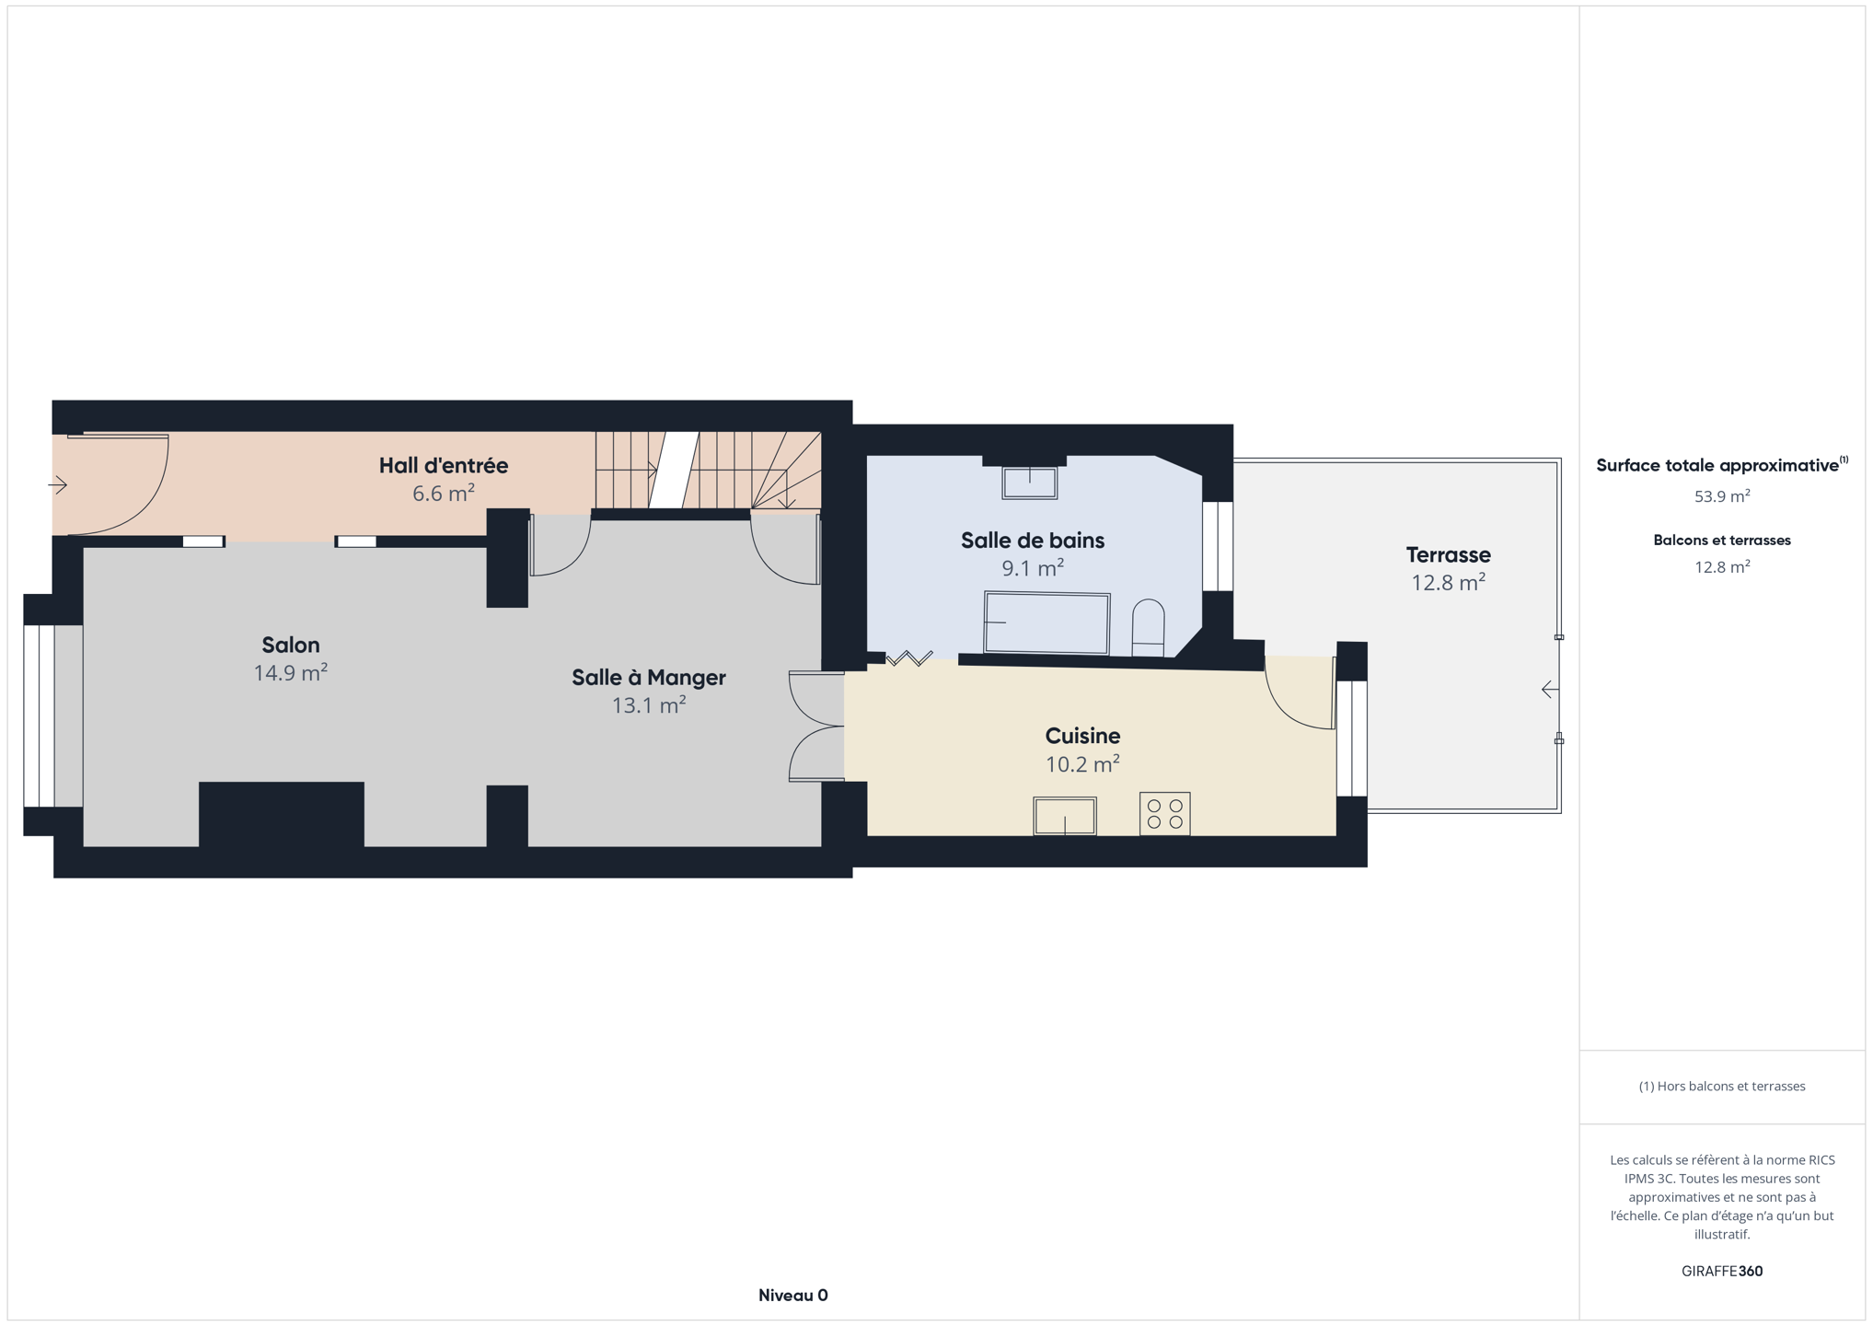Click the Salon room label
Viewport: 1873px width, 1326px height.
pyautogui.click(x=291, y=645)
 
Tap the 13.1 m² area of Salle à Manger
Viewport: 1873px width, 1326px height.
pyautogui.click(x=649, y=705)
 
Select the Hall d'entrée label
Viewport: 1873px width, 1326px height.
pyautogui.click(x=444, y=465)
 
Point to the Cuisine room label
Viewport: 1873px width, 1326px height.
pyautogui.click(x=1082, y=736)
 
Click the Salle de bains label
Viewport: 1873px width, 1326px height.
pyautogui.click(x=1033, y=541)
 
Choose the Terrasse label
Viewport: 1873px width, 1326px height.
pyautogui.click(x=1449, y=554)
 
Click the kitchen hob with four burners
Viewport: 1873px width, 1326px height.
pyautogui.click(x=1164, y=814)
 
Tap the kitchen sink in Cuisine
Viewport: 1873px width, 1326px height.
pyautogui.click(x=1065, y=816)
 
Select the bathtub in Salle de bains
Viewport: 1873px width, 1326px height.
pyautogui.click(x=1047, y=623)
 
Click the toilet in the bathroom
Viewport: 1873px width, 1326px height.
pyautogui.click(x=1148, y=628)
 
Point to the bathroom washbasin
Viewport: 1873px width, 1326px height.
pyautogui.click(x=1029, y=483)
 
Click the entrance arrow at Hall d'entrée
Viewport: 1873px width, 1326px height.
pyautogui.click(x=58, y=484)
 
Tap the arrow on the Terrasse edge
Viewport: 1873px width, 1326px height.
pyautogui.click(x=1550, y=689)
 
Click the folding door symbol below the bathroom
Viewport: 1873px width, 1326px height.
pyautogui.click(x=909, y=657)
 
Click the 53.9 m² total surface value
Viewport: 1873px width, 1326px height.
pyautogui.click(x=1722, y=496)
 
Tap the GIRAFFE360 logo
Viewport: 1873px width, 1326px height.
pyautogui.click(x=1722, y=1271)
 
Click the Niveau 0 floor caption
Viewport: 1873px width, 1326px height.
pyautogui.click(x=793, y=1295)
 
